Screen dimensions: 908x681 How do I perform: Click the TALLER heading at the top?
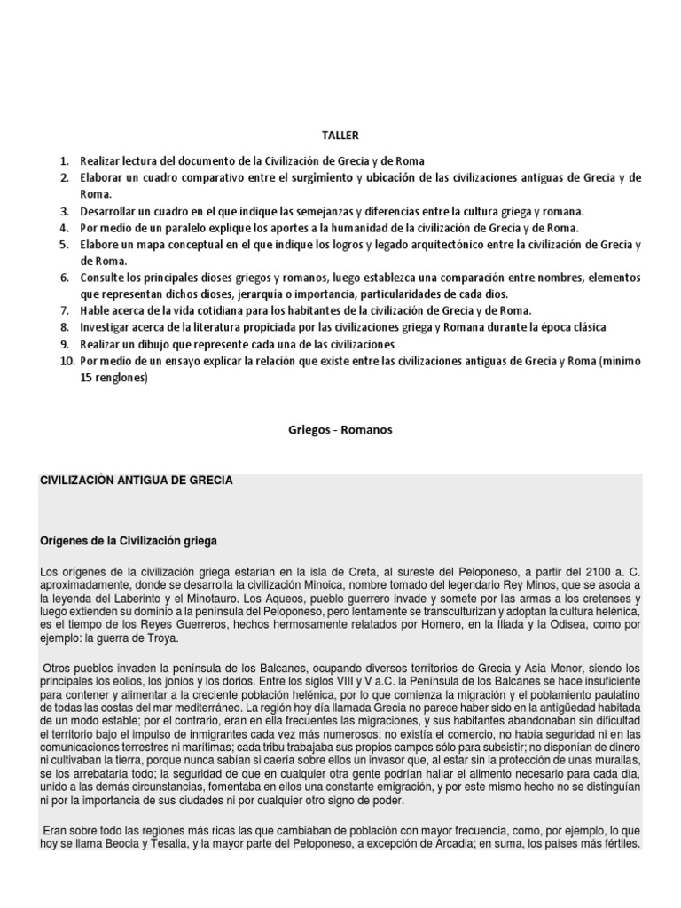click(x=340, y=135)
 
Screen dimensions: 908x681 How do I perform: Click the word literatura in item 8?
click(x=201, y=327)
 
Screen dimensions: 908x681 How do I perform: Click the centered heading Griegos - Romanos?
click(x=340, y=430)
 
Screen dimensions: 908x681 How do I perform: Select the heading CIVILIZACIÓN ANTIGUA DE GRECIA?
click(x=137, y=480)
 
